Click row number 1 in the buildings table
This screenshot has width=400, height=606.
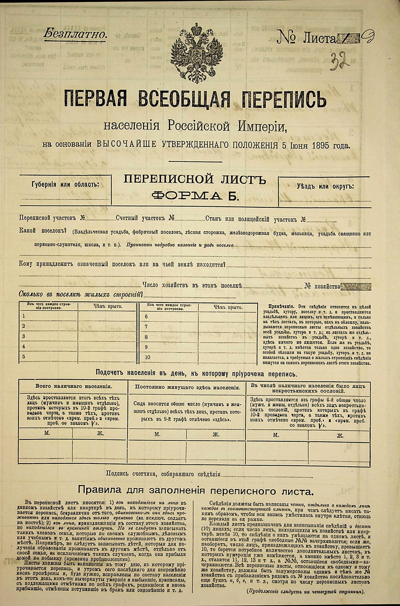pos(24,316)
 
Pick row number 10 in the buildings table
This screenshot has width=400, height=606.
pos(147,357)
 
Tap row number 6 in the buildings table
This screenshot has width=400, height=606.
pos(146,317)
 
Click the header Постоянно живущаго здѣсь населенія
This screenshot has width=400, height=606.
pos(188,387)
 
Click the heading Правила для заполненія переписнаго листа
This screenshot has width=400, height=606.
pos(195,491)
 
